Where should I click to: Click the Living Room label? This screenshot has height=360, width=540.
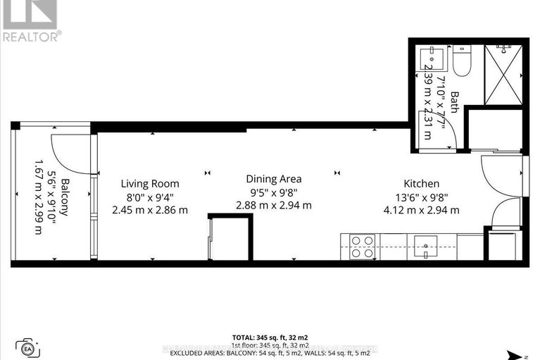tap(149, 183)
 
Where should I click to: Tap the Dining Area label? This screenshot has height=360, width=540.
tap(274, 179)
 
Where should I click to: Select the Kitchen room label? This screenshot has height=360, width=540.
tap(421, 183)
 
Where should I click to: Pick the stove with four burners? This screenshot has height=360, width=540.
tap(362, 247)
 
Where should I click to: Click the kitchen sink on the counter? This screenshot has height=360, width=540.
tap(427, 247)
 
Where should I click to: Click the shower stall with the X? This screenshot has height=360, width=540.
tap(503, 74)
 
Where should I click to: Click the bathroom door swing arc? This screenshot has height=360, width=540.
tap(451, 134)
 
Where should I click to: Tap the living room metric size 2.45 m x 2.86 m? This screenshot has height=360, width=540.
tap(149, 209)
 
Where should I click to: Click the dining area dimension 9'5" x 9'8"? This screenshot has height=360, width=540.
tap(274, 192)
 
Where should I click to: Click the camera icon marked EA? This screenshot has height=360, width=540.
tap(29, 347)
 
